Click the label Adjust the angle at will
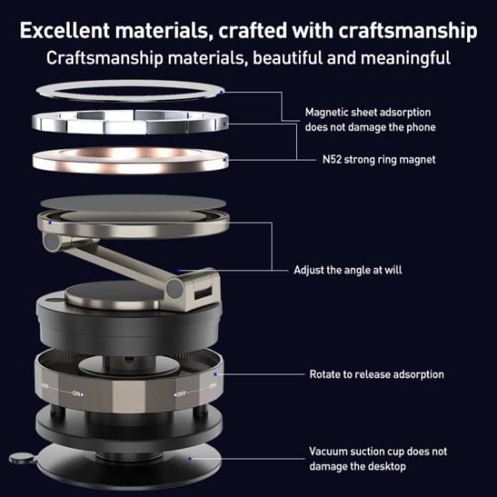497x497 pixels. [349, 271]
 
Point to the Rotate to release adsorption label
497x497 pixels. [376, 373]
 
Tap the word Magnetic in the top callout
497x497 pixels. [327, 112]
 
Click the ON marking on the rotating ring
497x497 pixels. [76, 392]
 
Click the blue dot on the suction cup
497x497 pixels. [190, 458]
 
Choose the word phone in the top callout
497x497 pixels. [420, 127]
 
